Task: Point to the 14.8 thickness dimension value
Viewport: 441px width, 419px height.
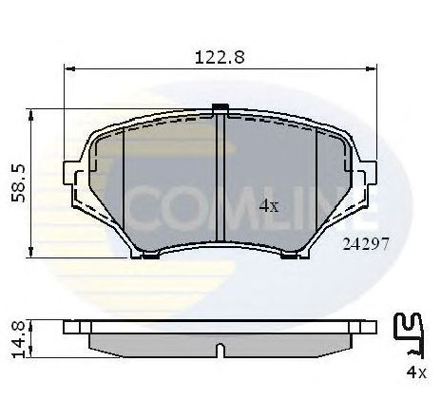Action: pyautogui.click(x=16, y=337)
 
